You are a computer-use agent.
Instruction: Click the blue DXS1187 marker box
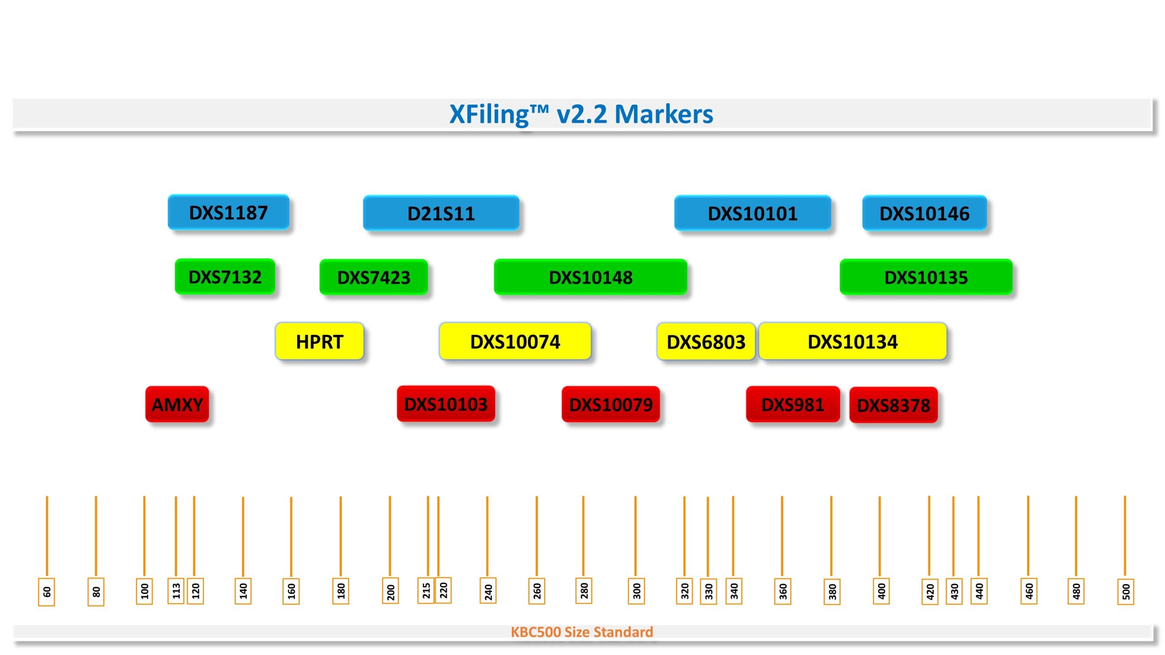tap(228, 212)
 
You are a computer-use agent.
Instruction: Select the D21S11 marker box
tap(441, 213)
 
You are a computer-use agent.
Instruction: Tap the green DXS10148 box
tap(590, 277)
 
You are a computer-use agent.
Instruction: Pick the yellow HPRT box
tap(319, 342)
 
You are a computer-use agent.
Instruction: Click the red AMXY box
tap(177, 404)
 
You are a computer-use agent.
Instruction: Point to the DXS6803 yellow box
tap(706, 342)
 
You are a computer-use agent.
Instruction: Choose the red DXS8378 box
tap(893, 405)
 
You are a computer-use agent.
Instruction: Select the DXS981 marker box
tap(793, 404)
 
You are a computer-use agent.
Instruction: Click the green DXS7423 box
tap(374, 277)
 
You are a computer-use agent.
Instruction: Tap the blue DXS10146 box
tap(924, 213)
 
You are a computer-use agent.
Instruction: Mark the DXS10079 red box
tap(611, 404)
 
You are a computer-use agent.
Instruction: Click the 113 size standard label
tap(176, 591)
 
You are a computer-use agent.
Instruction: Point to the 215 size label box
tap(426, 591)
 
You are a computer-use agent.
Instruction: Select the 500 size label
tap(1126, 592)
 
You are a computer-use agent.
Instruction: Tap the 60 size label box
tap(46, 592)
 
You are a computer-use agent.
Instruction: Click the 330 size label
tap(709, 592)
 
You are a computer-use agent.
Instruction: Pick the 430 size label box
tap(954, 592)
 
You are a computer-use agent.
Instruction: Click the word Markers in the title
tap(664, 114)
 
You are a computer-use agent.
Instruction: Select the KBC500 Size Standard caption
tap(582, 632)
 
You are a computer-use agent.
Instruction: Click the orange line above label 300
tap(635, 537)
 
